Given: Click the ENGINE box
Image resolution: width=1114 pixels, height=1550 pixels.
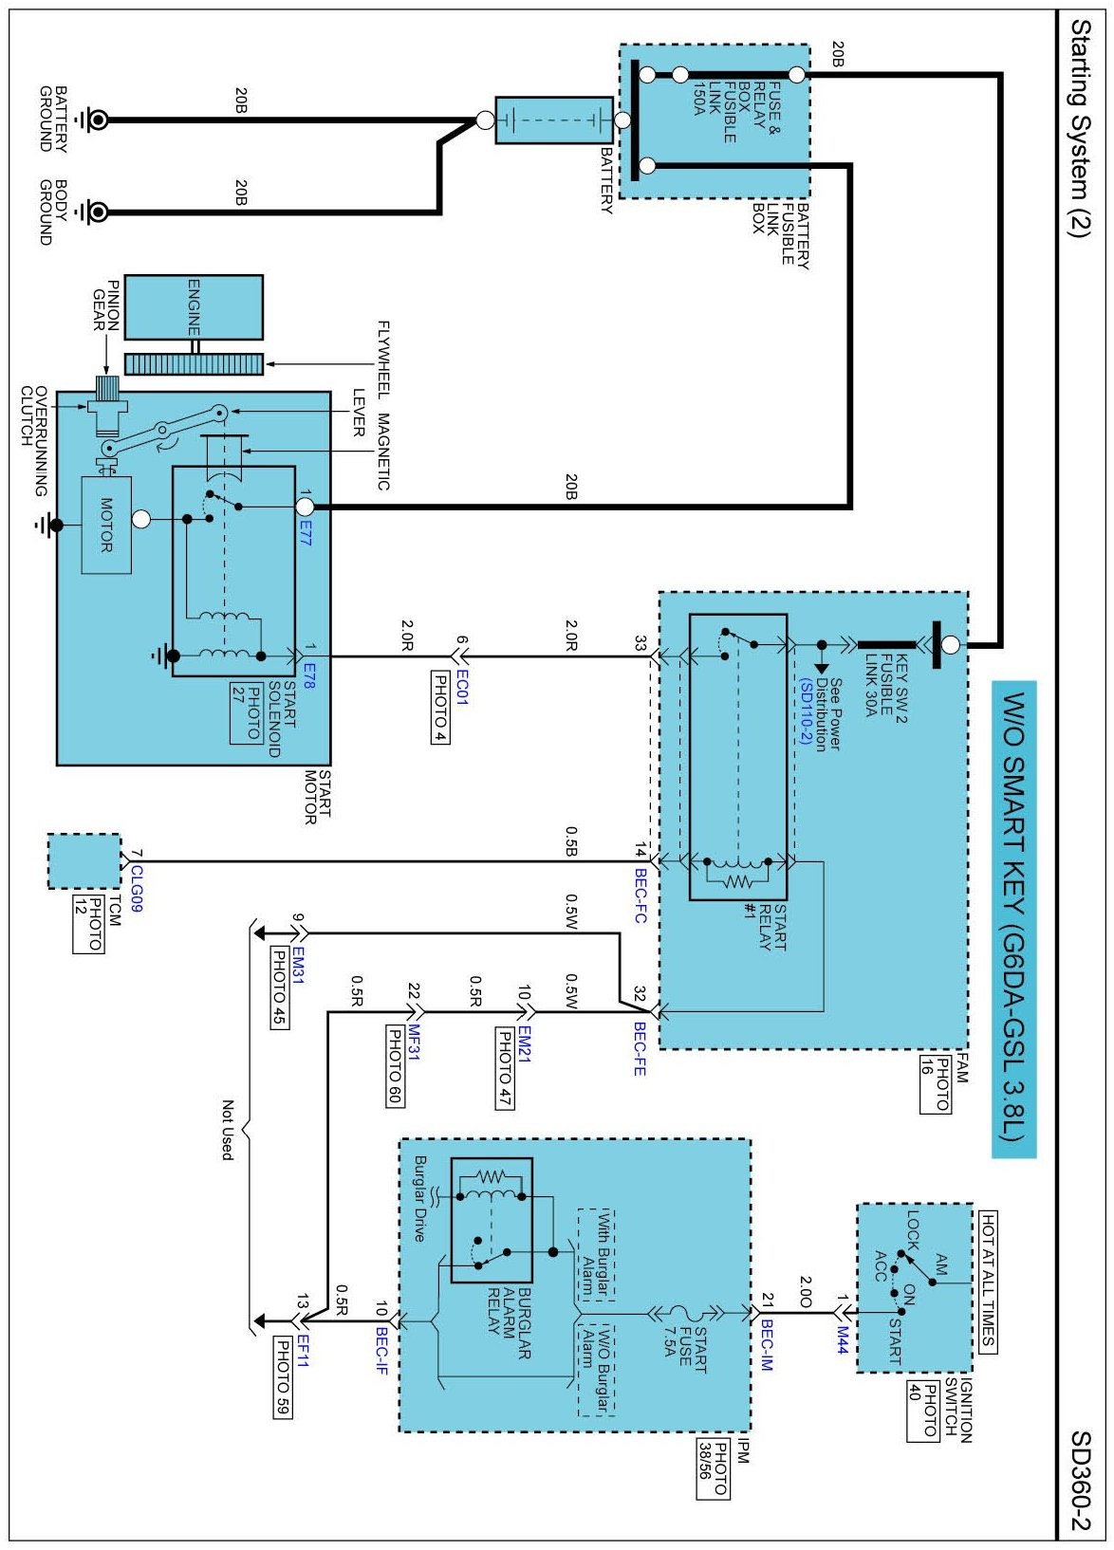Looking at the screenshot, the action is coord(194,307).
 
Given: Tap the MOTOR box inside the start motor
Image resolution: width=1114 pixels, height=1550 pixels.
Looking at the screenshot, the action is coord(106,526).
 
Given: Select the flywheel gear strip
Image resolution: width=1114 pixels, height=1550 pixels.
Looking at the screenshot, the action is coord(194,364).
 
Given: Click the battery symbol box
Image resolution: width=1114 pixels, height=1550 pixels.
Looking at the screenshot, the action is coord(554,120).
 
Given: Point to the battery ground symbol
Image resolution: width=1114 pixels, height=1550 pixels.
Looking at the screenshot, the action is coord(91,120).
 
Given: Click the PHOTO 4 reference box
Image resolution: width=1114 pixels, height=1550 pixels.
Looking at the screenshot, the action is coord(439,707).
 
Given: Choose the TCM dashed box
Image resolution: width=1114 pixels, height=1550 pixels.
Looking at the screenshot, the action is coord(84,860).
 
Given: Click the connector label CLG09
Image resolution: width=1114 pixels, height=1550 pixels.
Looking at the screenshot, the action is coord(137,889).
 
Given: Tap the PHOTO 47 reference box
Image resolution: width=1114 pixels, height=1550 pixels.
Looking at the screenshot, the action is coord(506,1068).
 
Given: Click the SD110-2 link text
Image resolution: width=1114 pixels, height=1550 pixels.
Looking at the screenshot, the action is coord(805,711).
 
